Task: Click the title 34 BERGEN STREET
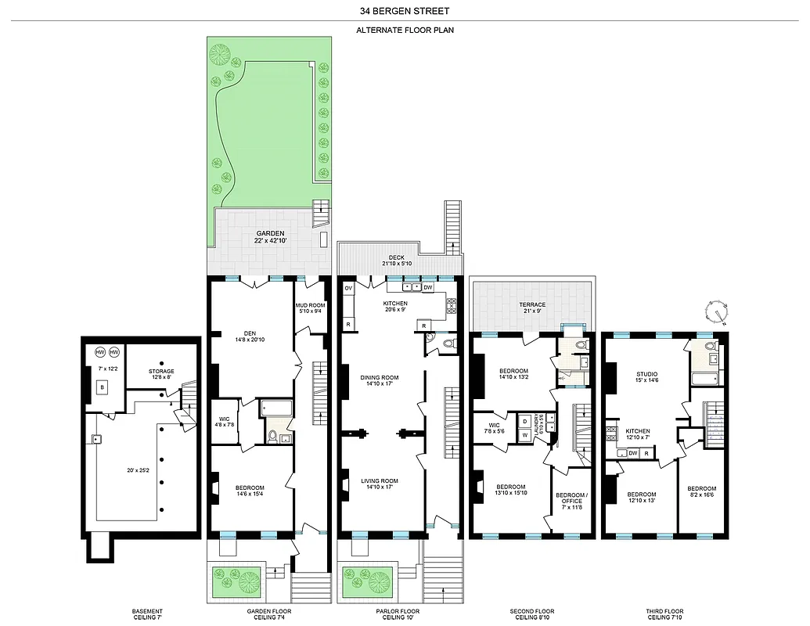click(x=405, y=11)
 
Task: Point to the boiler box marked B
click(x=102, y=386)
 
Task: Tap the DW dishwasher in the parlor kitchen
click(x=428, y=287)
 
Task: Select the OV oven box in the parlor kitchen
click(x=348, y=287)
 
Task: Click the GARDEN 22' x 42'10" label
click(x=268, y=237)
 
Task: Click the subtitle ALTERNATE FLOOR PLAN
click(x=405, y=30)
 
